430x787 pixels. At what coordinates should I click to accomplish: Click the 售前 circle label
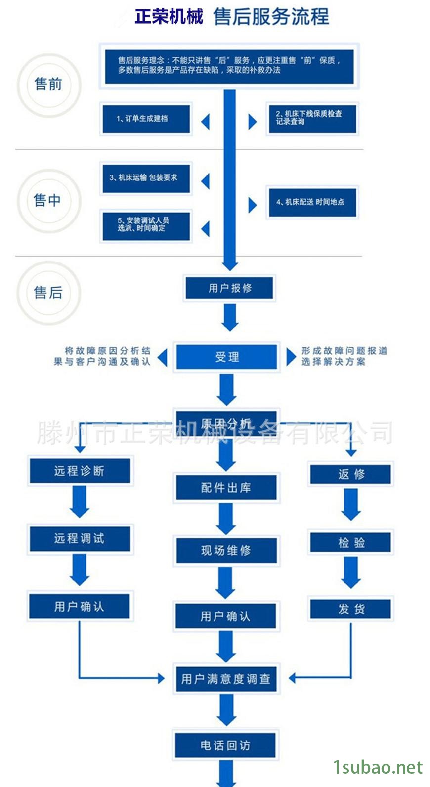tap(48, 85)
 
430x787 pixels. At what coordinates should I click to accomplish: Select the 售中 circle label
tap(47, 200)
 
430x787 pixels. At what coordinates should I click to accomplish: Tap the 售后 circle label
tap(48, 293)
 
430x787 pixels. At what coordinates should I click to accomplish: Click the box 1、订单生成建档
tap(146, 119)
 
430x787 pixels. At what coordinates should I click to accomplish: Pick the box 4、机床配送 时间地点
tap(312, 202)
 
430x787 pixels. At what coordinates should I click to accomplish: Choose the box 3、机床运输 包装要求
tap(145, 178)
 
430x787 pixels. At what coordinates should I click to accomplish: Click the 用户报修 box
tap(229, 288)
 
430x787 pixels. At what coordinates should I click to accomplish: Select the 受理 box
tap(227, 357)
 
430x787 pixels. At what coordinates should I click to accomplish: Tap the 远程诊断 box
tap(80, 471)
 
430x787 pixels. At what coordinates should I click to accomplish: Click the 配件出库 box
tap(226, 488)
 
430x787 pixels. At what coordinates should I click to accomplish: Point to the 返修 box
tap(351, 474)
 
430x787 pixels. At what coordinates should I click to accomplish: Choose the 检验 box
tap(351, 542)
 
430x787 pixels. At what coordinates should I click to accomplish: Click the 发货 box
tap(351, 609)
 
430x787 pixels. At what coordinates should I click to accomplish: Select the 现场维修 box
tap(226, 550)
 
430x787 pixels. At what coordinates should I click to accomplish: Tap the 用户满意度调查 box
tap(226, 679)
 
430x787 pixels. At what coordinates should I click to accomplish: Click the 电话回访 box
tap(225, 745)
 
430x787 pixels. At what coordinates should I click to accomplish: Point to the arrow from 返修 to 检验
tap(351, 504)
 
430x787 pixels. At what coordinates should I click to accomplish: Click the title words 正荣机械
tap(169, 17)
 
